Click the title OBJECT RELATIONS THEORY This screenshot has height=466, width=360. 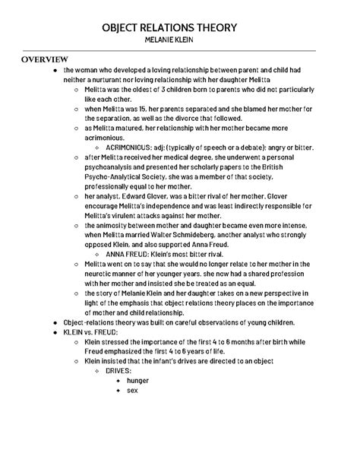point(180,28)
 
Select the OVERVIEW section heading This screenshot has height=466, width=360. point(45,59)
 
